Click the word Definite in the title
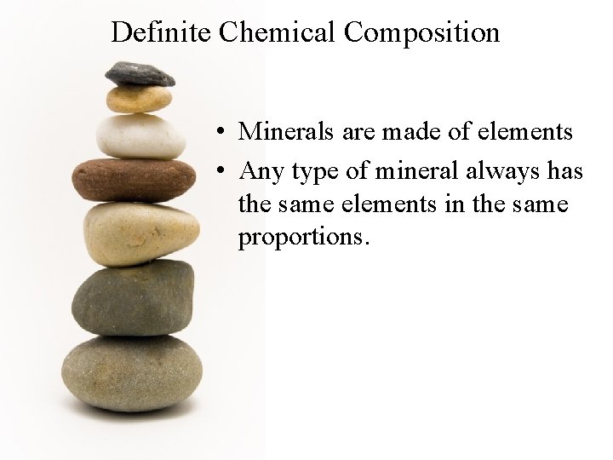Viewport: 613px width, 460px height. [x=161, y=32]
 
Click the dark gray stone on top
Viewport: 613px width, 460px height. [x=140, y=74]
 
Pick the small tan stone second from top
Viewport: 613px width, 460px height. [x=138, y=99]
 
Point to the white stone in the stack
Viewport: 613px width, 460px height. [x=140, y=135]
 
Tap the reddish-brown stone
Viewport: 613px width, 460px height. [x=134, y=179]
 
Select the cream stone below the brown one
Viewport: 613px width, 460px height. [x=141, y=233]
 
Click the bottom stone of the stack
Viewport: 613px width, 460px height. [x=132, y=372]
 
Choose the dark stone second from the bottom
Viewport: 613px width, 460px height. [x=133, y=297]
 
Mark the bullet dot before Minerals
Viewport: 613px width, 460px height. [x=220, y=133]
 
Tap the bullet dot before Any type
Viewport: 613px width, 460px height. [x=220, y=172]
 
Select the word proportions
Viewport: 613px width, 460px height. [x=303, y=236]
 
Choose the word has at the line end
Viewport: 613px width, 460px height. [x=564, y=172]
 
